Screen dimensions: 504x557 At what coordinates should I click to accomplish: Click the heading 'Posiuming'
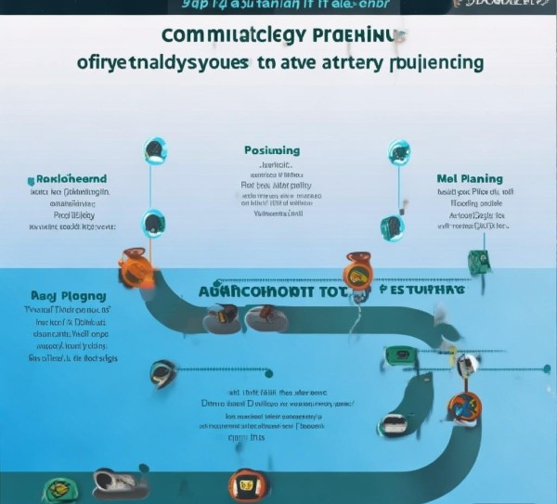point(271,150)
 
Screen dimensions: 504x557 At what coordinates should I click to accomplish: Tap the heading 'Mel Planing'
point(469,178)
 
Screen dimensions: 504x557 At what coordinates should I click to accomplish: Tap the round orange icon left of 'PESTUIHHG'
point(357,273)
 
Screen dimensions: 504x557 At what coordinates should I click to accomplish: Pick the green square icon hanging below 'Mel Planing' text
point(478,261)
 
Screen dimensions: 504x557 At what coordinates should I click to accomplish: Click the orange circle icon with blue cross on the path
point(461,406)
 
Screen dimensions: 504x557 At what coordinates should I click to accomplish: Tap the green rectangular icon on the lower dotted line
point(399,355)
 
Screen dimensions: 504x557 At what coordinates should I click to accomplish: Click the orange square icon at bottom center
point(243,483)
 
